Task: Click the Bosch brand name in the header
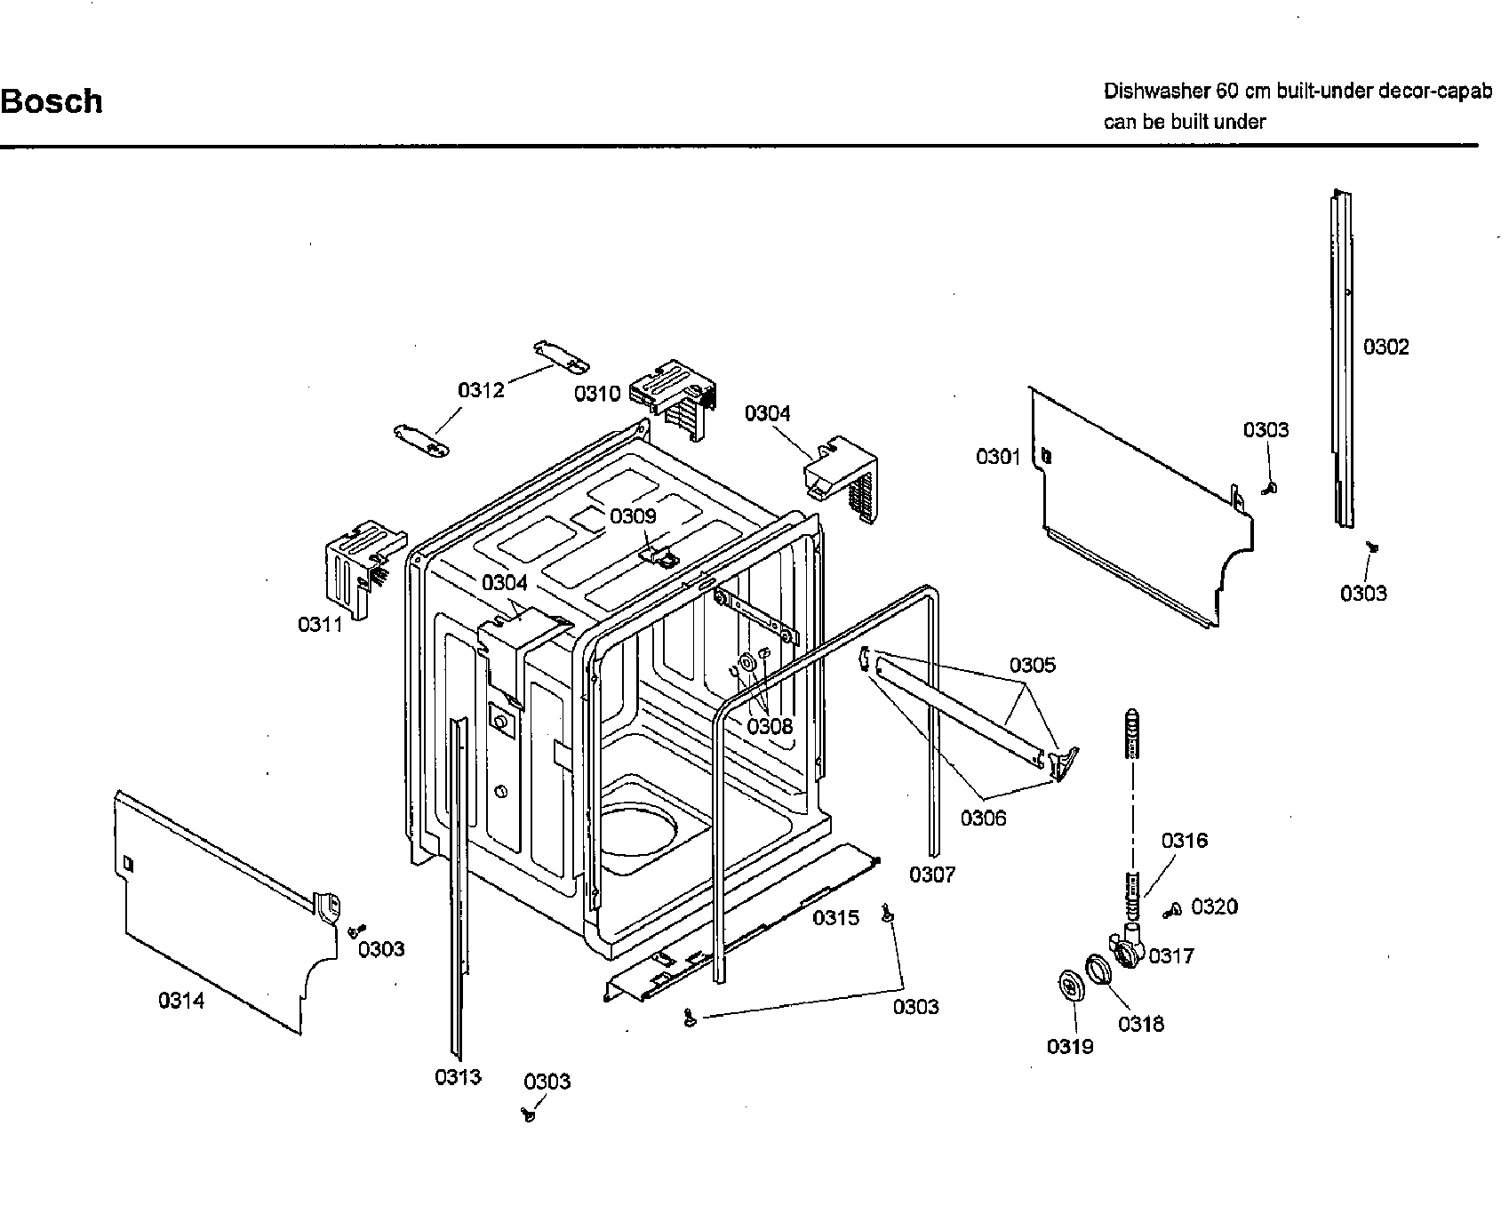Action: (x=52, y=101)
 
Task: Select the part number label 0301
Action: (x=998, y=457)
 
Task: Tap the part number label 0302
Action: (x=1385, y=347)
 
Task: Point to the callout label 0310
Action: (x=596, y=393)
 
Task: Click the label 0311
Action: (x=320, y=625)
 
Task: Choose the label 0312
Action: (x=481, y=390)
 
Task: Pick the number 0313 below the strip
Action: (x=458, y=1077)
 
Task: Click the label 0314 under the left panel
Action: (x=181, y=1001)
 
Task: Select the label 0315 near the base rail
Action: (x=835, y=917)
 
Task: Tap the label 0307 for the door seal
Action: (x=931, y=875)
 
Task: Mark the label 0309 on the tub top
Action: (x=632, y=516)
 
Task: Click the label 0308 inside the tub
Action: (x=769, y=726)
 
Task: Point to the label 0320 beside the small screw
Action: (x=1214, y=907)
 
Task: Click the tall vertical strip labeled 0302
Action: (x=1341, y=355)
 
